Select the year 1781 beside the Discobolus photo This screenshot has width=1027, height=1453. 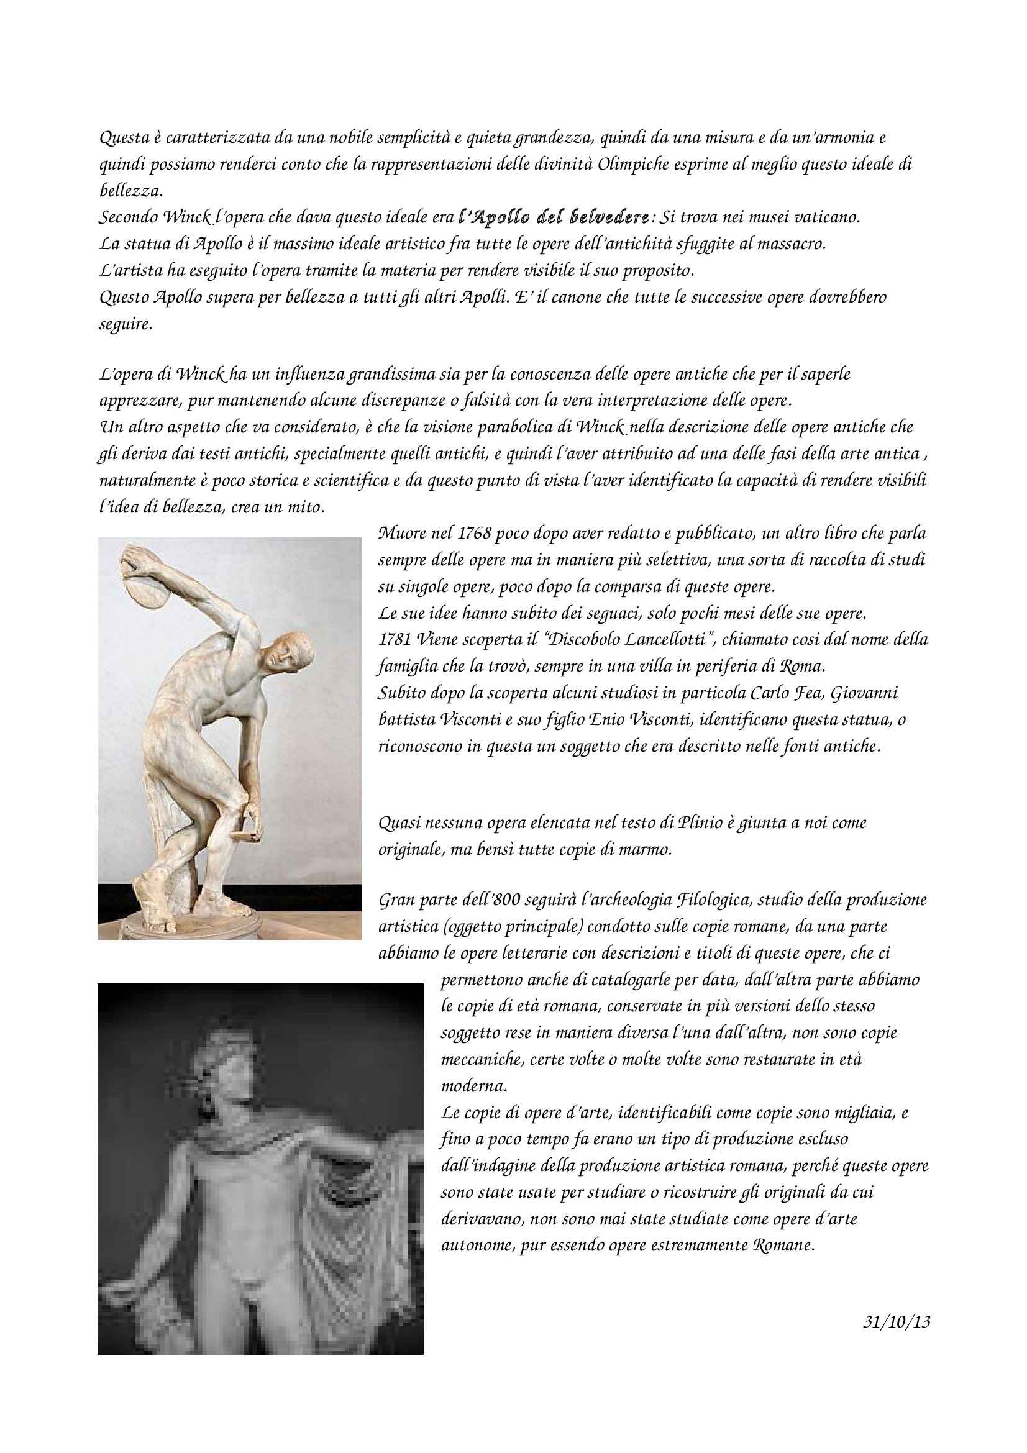(x=395, y=639)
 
